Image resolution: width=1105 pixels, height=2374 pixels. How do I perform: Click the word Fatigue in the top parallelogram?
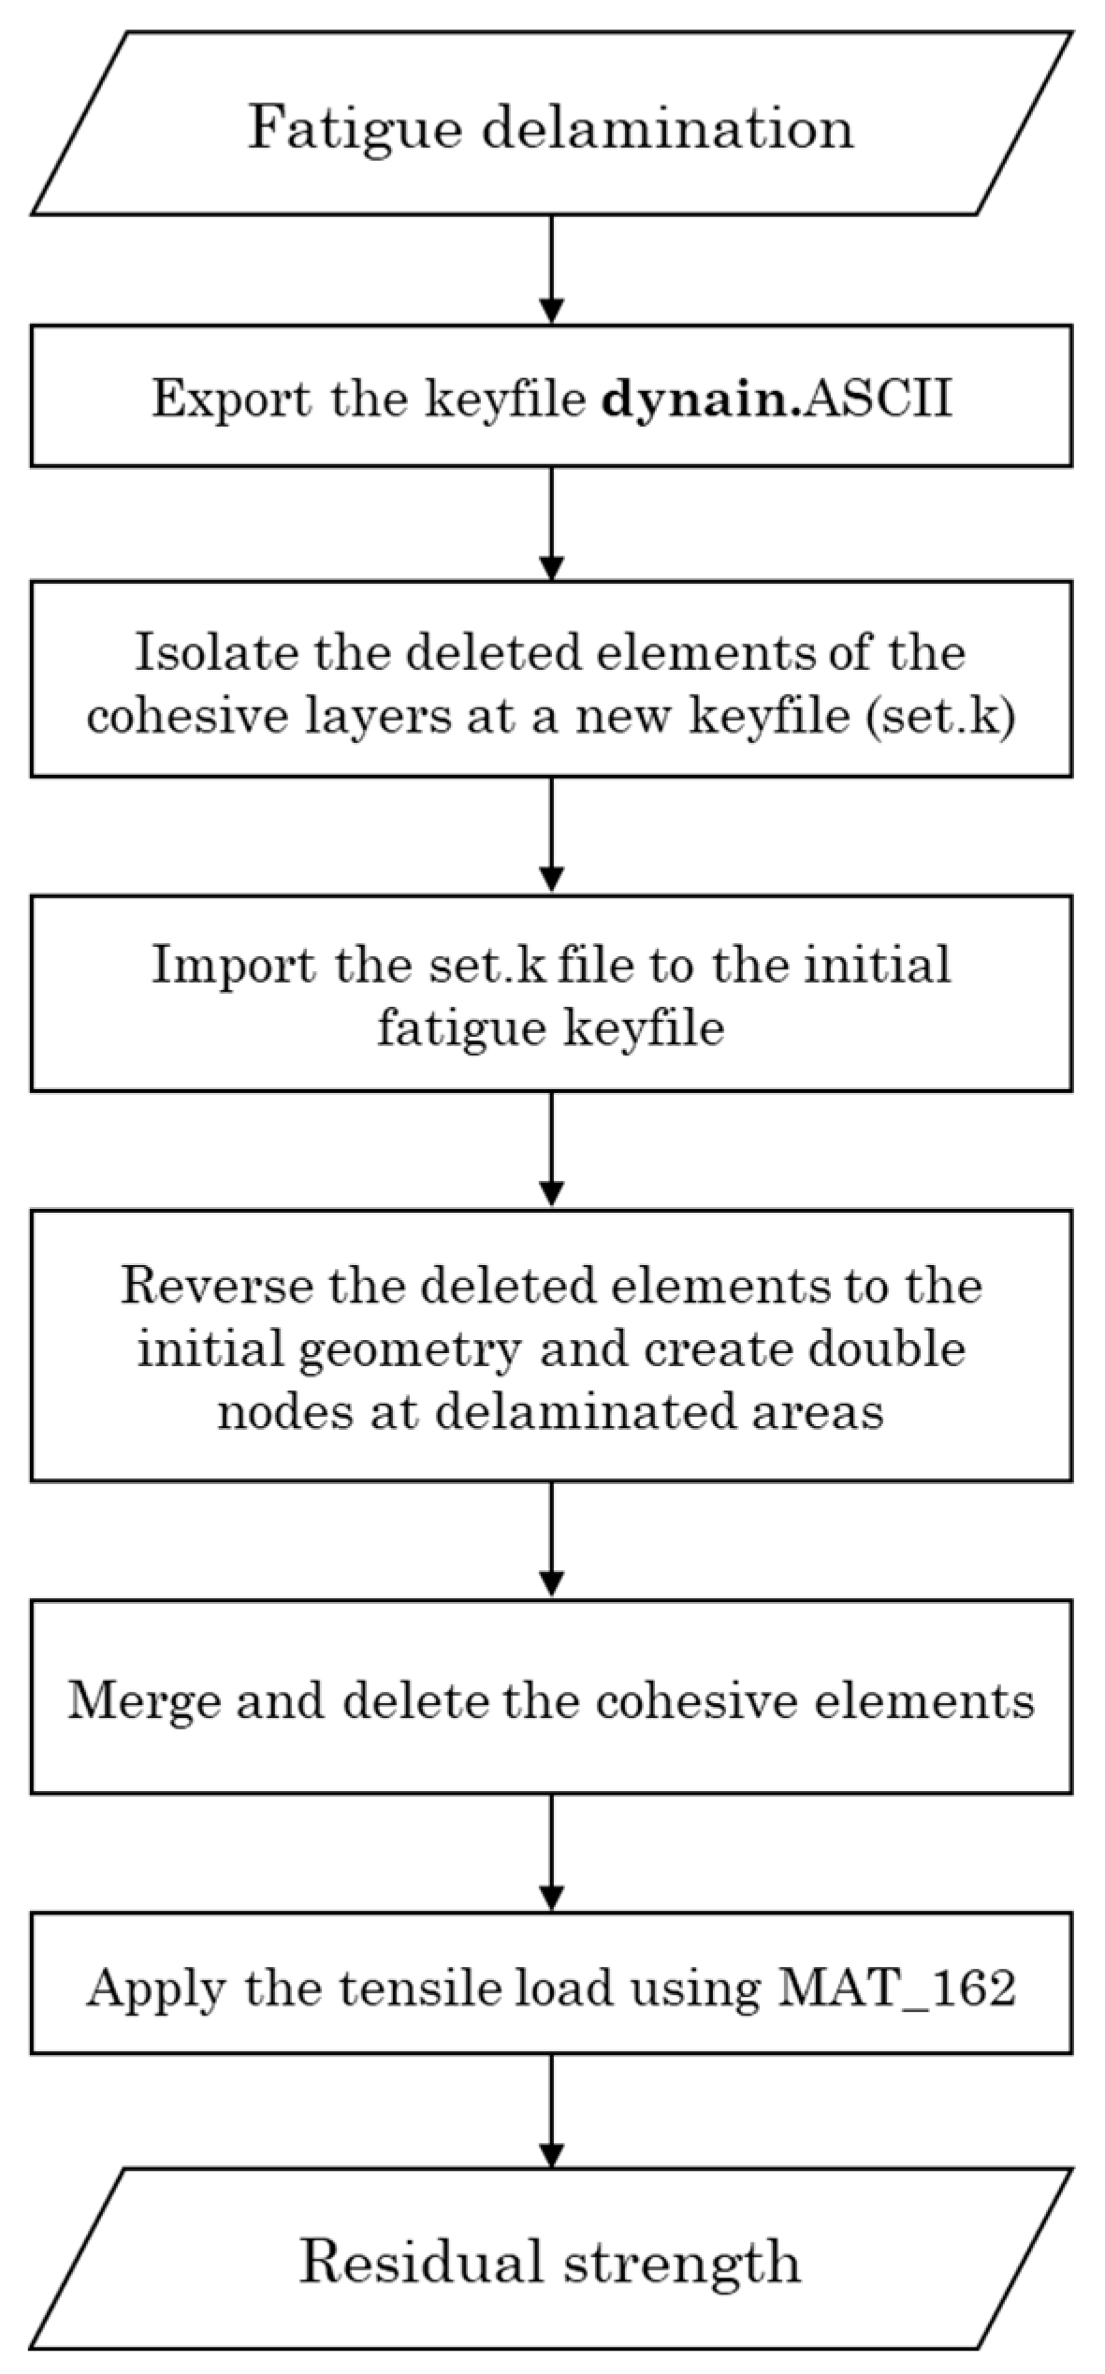[355, 128]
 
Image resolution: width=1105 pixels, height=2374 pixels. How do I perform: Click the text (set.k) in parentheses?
[941, 719]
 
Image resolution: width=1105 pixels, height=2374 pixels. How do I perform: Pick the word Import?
[233, 964]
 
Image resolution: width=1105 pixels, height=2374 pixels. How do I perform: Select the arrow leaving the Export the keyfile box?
[552, 523]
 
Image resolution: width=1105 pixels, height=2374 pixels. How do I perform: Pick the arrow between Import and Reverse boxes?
[552, 1150]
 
